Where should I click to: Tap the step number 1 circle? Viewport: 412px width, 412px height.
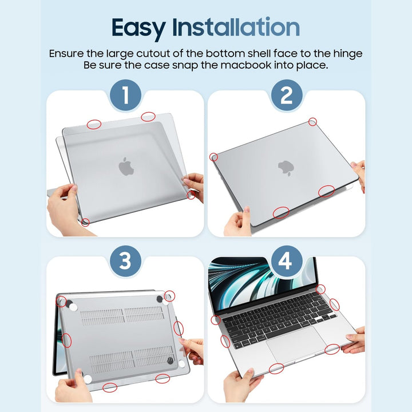click(x=125, y=95)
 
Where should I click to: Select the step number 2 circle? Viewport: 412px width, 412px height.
click(x=286, y=95)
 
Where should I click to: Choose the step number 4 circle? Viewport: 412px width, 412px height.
click(x=286, y=262)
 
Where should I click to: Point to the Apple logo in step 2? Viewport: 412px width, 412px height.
click(x=286, y=167)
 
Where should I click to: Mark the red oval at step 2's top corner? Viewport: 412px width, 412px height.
click(x=312, y=122)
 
